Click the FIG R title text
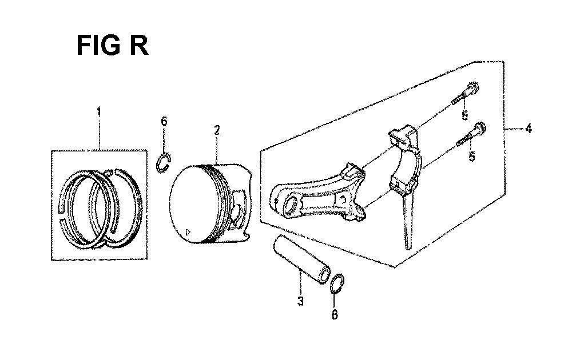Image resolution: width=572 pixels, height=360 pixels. (113, 45)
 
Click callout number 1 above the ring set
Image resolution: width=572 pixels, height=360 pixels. (98, 112)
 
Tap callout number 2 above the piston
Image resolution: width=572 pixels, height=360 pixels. (217, 130)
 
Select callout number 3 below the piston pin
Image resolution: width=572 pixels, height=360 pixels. (300, 301)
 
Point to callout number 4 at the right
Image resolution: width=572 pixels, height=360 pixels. (528, 129)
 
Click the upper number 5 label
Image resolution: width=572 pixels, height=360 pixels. (464, 115)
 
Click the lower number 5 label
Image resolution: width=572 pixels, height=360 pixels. (472, 157)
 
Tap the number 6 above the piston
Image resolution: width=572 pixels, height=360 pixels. (164, 121)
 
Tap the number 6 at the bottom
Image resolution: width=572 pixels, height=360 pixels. (335, 314)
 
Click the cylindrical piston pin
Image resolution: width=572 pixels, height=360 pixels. (302, 259)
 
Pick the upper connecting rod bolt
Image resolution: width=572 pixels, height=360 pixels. (465, 93)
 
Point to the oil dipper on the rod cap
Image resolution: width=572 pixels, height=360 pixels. (407, 222)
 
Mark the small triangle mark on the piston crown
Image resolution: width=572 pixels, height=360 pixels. (188, 230)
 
